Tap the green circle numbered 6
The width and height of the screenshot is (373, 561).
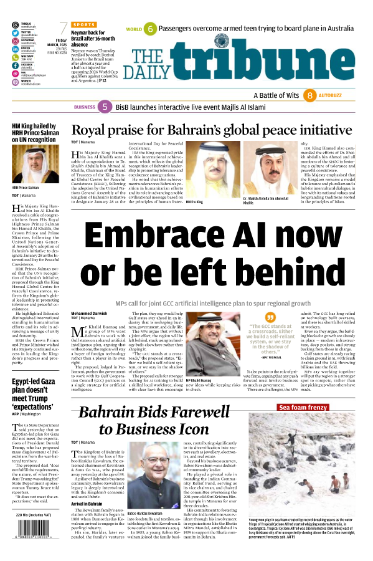(150, 29)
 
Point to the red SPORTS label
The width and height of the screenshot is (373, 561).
(84, 24)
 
